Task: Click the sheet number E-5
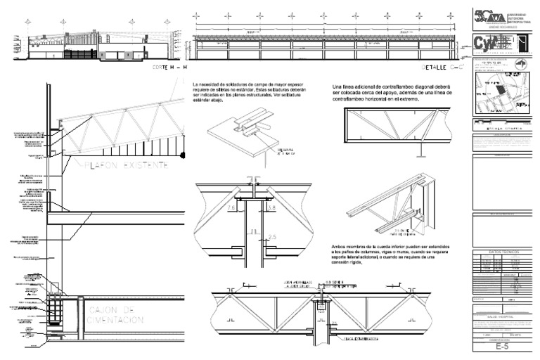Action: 501,347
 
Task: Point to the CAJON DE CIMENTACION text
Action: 115,314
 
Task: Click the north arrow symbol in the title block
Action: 521,63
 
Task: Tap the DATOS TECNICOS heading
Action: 501,250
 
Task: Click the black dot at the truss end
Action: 183,154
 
